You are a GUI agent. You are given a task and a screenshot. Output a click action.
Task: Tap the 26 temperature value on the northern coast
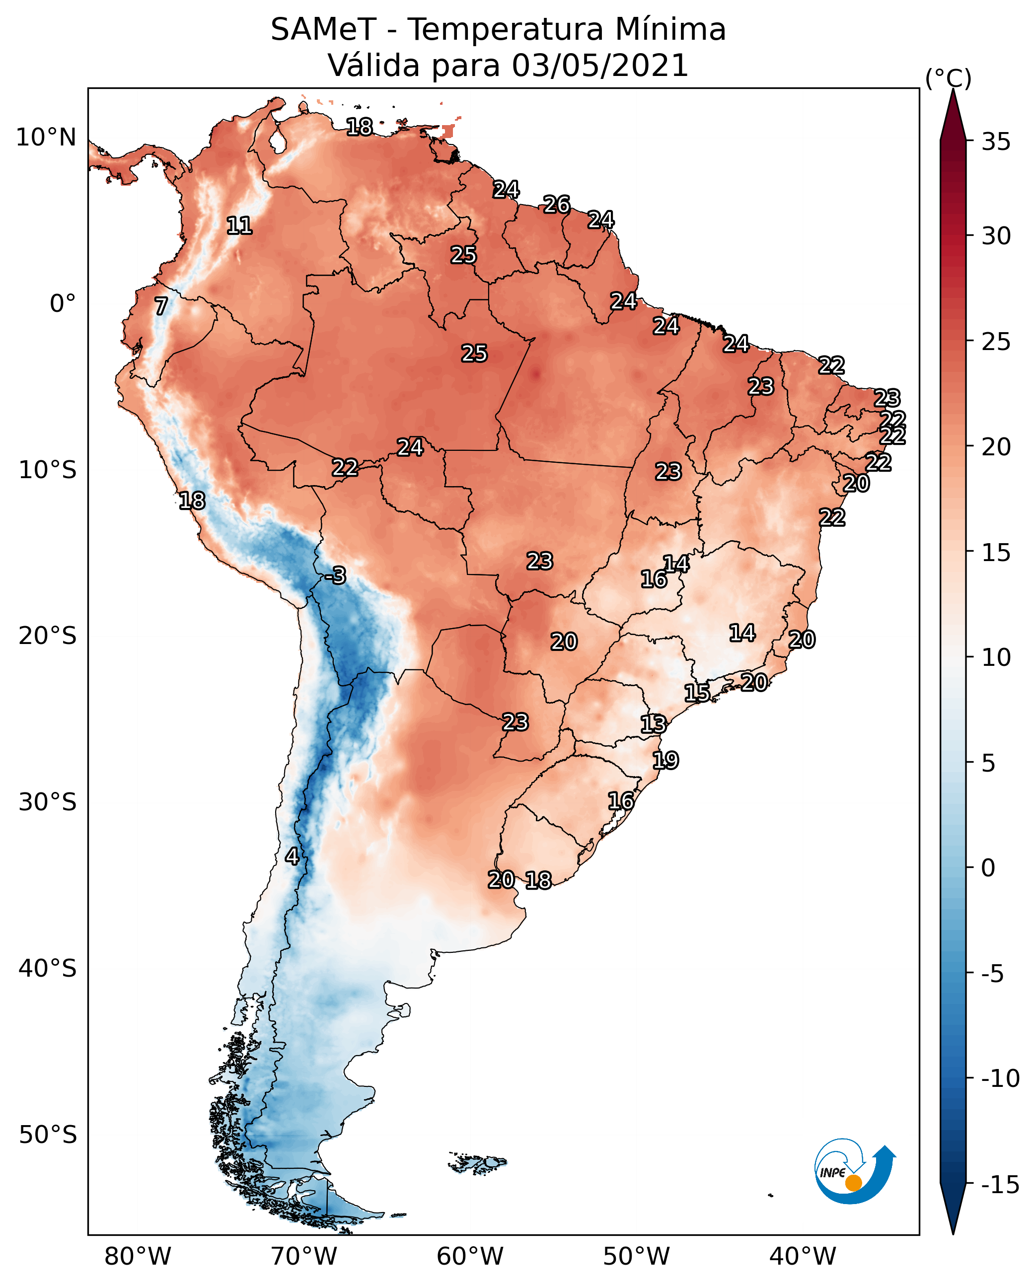(x=556, y=205)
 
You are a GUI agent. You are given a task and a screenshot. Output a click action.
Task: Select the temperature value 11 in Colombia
(x=239, y=225)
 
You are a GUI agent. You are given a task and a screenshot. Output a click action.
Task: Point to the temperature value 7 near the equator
(x=161, y=306)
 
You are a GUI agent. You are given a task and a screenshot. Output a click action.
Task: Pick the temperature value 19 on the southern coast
(x=666, y=760)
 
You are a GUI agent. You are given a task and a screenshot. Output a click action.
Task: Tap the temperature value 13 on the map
(x=653, y=724)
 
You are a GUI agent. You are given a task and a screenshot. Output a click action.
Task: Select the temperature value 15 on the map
(x=696, y=693)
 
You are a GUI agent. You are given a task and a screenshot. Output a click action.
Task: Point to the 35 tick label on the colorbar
(x=996, y=142)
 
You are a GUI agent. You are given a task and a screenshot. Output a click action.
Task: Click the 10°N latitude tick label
(x=46, y=138)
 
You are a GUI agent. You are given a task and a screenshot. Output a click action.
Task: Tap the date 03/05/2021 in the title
(x=600, y=66)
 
